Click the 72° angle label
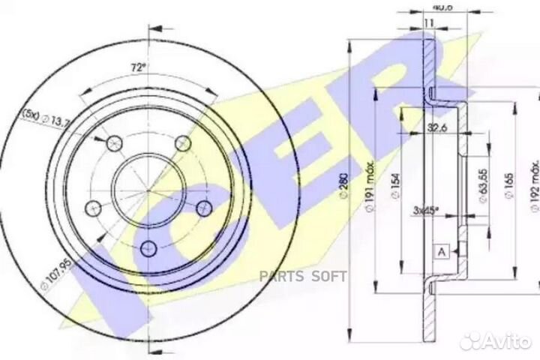point(137,67)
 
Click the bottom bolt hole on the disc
point(148,244)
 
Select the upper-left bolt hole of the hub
point(114,142)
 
